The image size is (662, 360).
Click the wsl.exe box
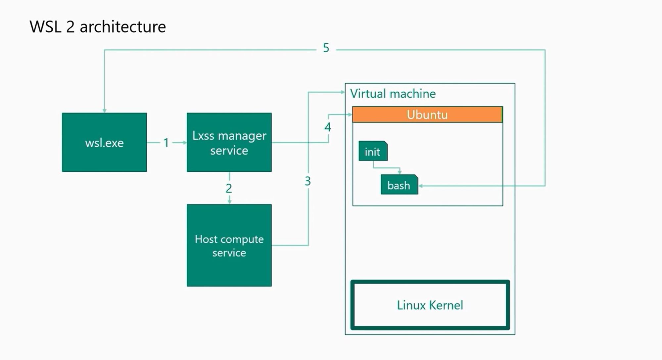pos(105,142)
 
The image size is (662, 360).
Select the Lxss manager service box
pos(229,142)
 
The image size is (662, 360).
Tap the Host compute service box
pos(229,245)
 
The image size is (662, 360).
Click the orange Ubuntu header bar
pos(427,114)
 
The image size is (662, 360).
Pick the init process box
pos(373,151)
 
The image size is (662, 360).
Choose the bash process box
pos(399,184)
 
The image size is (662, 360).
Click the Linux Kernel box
pos(430,305)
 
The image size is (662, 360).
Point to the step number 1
pos(166,143)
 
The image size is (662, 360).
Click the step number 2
pos(229,188)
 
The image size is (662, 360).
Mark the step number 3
pos(308,181)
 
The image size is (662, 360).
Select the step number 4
pos(328,127)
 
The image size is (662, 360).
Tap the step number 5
pos(326,48)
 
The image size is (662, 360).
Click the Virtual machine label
pos(393,94)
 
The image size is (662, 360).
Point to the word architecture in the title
pos(123,27)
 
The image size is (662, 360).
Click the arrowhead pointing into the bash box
pos(421,186)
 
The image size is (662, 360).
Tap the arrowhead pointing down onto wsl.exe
pos(105,110)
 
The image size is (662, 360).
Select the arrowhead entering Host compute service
pos(229,202)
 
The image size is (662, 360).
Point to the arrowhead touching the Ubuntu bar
pos(350,115)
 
